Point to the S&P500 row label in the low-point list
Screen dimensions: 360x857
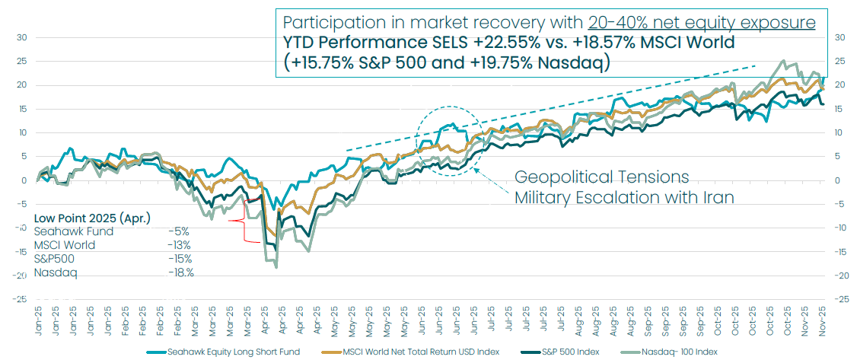(x=54, y=259)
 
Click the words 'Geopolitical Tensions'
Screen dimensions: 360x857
(x=601, y=177)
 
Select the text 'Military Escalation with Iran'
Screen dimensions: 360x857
(x=624, y=198)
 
